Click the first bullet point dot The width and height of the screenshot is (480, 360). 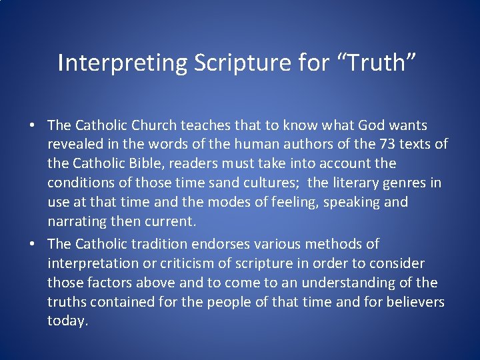[32, 125]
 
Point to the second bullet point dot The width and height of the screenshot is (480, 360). [32, 244]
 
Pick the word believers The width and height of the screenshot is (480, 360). [413, 301]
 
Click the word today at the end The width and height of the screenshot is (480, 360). [67, 321]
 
